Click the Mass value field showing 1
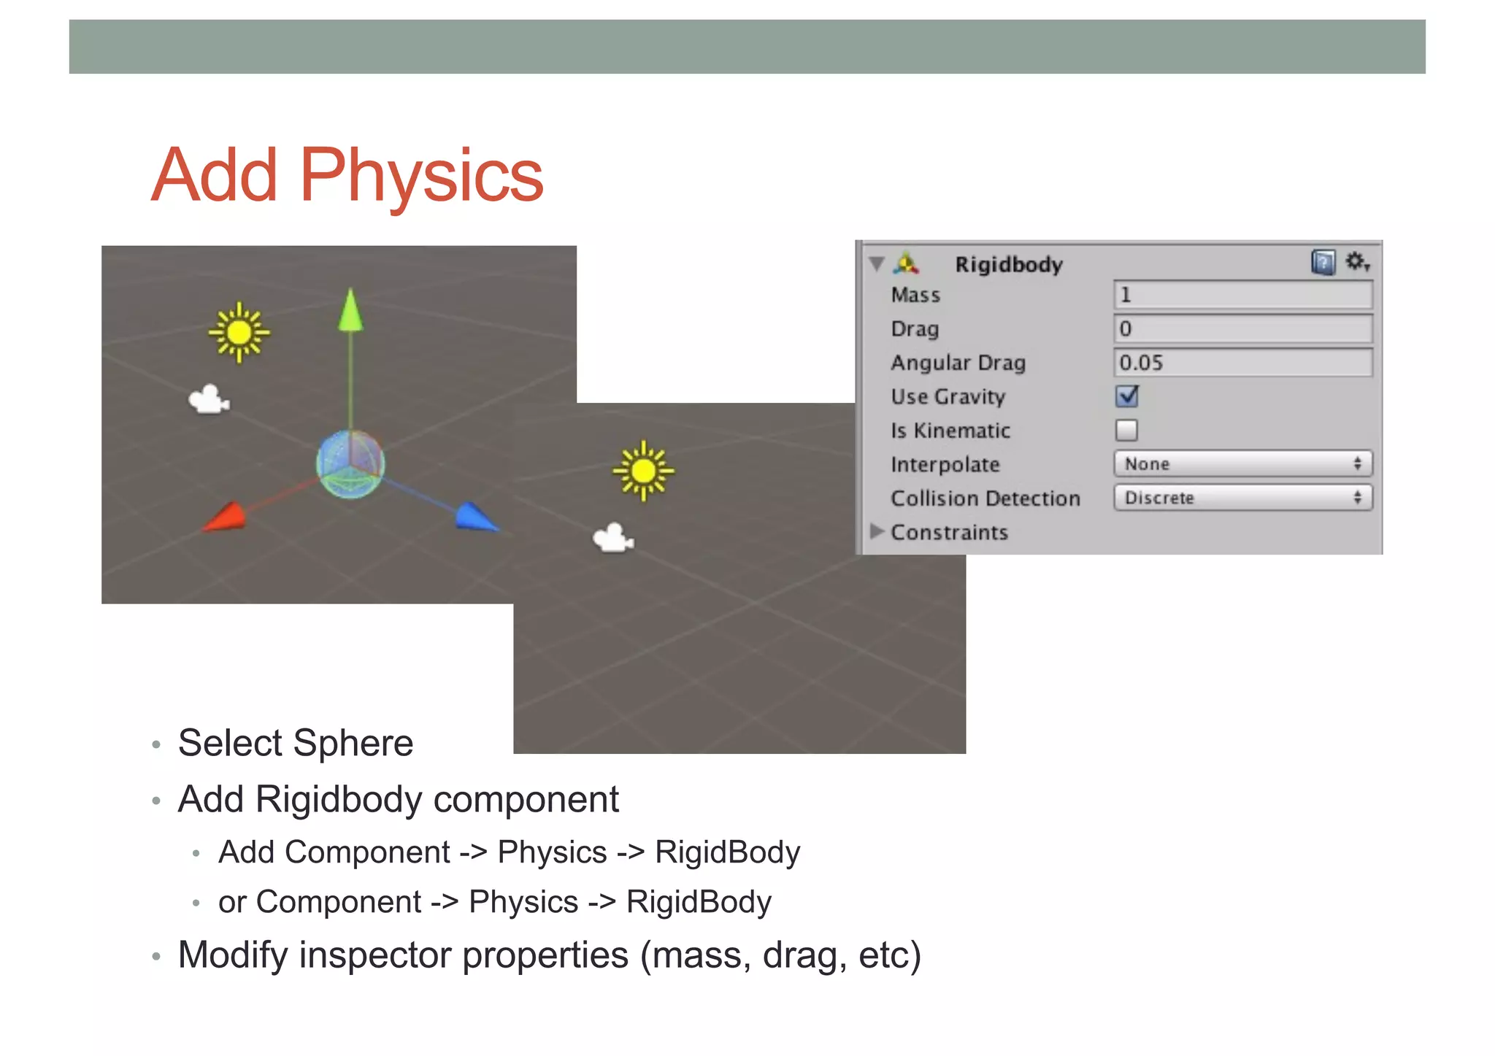(1242, 295)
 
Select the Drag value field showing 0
(1242, 329)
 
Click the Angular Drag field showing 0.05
(1242, 363)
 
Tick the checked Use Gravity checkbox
(1126, 396)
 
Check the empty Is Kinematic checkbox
(1126, 431)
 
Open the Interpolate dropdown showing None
(1242, 464)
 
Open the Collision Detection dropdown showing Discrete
(1242, 498)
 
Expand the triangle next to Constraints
(877, 531)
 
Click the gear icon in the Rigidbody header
(1356, 261)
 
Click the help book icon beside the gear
(1323, 261)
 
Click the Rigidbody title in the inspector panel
(1008, 264)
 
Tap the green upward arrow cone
(350, 309)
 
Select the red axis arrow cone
(226, 517)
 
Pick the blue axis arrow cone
(476, 517)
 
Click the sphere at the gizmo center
(350, 464)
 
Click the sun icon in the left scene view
(239, 333)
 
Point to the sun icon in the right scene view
(643, 471)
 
